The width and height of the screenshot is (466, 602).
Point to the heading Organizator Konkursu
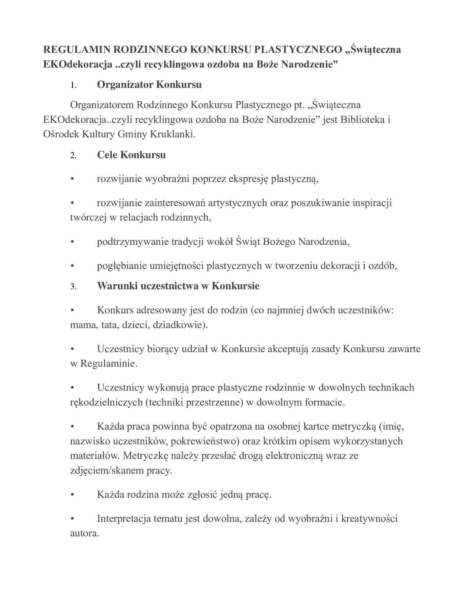149,84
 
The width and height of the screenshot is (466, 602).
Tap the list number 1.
73,85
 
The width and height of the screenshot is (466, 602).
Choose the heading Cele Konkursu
131,154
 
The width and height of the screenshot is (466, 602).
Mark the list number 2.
73,155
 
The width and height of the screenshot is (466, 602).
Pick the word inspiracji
372,203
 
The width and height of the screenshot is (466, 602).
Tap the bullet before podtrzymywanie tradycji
72,242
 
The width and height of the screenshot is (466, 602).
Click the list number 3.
73,286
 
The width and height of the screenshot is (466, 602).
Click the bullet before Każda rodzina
72,494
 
